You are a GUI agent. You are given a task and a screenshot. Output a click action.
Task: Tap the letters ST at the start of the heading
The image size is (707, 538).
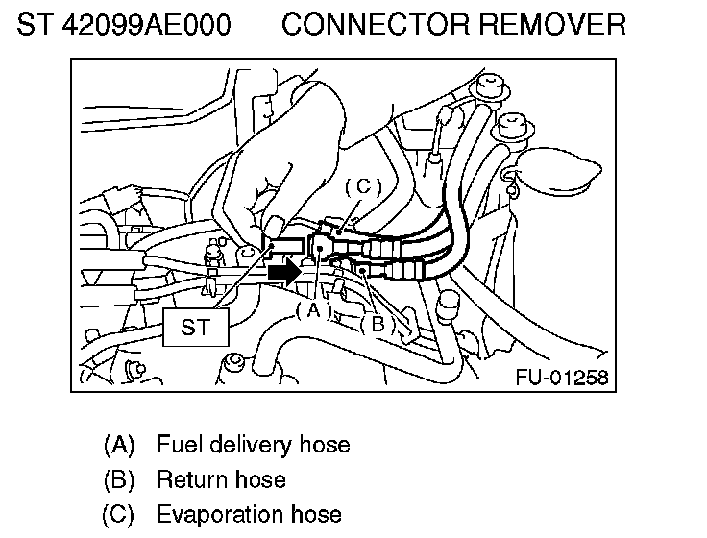click(x=33, y=24)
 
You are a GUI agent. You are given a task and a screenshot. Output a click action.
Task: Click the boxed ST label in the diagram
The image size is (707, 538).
click(x=195, y=327)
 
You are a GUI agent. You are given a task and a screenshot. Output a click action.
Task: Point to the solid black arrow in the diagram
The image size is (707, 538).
click(x=285, y=273)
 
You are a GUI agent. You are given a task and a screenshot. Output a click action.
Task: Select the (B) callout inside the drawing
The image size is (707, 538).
click(x=378, y=324)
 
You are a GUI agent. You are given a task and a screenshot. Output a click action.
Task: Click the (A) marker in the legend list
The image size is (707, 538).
click(x=119, y=445)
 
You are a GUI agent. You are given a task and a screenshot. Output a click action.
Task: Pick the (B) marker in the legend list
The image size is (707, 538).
click(x=119, y=479)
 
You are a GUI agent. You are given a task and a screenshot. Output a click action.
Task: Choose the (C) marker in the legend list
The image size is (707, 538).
click(x=119, y=514)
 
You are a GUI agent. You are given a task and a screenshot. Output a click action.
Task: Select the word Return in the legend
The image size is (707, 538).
click(x=190, y=479)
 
